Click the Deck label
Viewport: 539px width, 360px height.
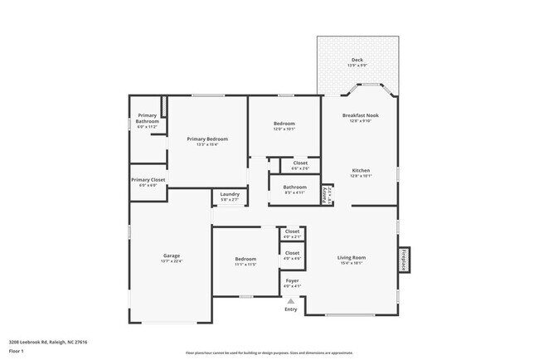[357, 60]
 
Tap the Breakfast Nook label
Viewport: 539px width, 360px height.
[360, 115]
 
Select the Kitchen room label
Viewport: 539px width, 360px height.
[361, 170]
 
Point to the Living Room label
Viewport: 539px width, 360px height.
[352, 257]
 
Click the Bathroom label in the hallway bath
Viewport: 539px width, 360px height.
[295, 187]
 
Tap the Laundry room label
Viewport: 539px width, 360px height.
[229, 194]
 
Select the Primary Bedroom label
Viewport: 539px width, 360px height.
[206, 139]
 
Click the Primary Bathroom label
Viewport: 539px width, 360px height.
[147, 118]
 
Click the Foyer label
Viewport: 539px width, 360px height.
[292, 280]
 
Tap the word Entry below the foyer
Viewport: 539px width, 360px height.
[291, 309]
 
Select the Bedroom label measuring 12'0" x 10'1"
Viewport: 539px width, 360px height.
[284, 124]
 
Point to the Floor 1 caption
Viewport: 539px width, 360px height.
[17, 351]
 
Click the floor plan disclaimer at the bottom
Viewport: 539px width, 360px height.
[269, 353]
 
